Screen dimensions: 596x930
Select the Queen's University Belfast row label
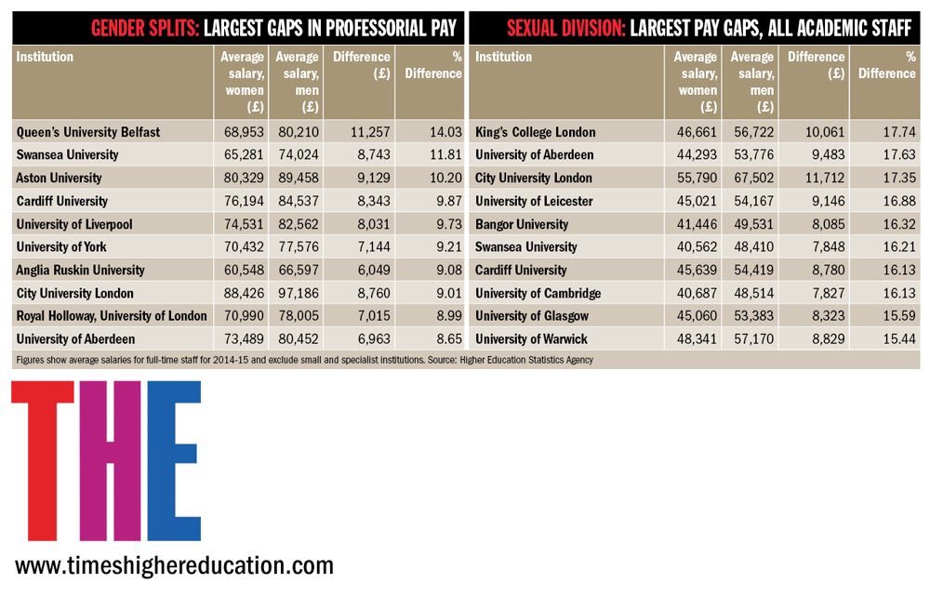click(87, 132)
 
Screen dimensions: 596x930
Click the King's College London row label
click(535, 132)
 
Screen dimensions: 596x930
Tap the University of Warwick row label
click(531, 339)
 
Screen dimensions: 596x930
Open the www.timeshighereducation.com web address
click(174, 565)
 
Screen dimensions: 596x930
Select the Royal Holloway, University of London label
click(112, 316)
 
